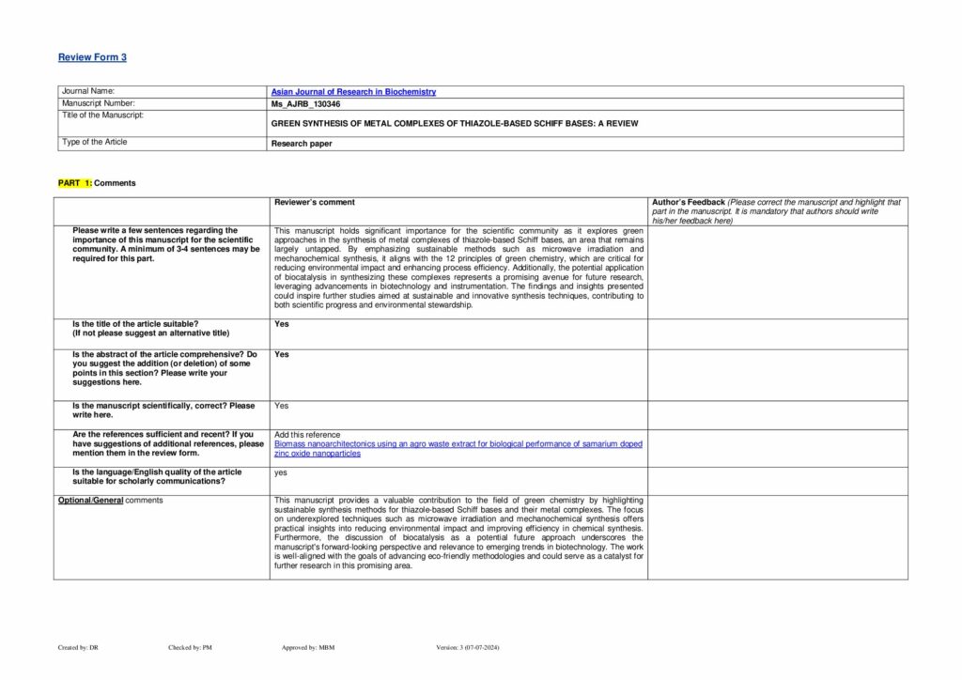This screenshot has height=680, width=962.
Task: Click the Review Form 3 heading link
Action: click(x=92, y=57)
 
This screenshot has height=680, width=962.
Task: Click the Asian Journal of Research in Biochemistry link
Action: click(x=353, y=92)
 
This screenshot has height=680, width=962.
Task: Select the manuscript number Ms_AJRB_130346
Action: click(x=305, y=103)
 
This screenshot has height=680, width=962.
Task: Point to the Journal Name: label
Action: click(x=88, y=91)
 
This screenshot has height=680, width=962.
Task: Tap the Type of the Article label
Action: click(x=94, y=142)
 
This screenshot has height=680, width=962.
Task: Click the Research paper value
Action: click(x=302, y=144)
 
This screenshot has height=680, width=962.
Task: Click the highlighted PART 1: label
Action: click(x=75, y=183)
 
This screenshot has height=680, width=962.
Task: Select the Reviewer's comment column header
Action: click(x=315, y=202)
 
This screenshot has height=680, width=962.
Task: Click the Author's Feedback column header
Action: click(x=689, y=202)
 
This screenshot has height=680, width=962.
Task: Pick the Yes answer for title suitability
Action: click(x=282, y=324)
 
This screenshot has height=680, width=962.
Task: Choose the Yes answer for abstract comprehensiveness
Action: click(x=282, y=354)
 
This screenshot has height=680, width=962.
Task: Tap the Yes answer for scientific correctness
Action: click(x=282, y=406)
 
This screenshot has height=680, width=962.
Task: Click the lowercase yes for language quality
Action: click(x=281, y=472)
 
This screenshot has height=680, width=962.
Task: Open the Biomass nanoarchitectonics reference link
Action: click(x=458, y=443)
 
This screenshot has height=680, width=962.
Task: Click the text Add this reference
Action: click(x=307, y=434)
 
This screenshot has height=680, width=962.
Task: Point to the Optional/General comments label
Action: click(x=110, y=500)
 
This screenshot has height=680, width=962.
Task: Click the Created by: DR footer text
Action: click(x=78, y=647)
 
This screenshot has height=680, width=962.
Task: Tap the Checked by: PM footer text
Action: click(x=190, y=647)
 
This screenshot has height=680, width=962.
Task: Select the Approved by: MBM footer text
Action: click(x=308, y=647)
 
